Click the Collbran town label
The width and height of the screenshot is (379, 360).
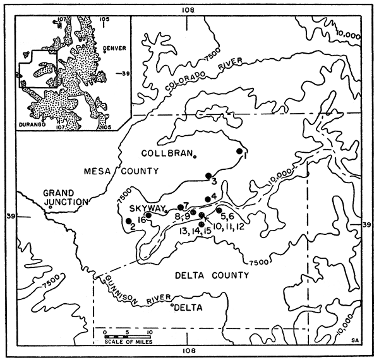169,153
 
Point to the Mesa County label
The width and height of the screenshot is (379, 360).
116,171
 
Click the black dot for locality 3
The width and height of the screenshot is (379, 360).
208,175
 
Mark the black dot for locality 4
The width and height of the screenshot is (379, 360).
207,200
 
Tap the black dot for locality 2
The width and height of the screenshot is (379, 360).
129,220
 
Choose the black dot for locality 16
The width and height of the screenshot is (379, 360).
148,215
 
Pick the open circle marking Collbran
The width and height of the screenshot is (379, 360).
196,155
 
